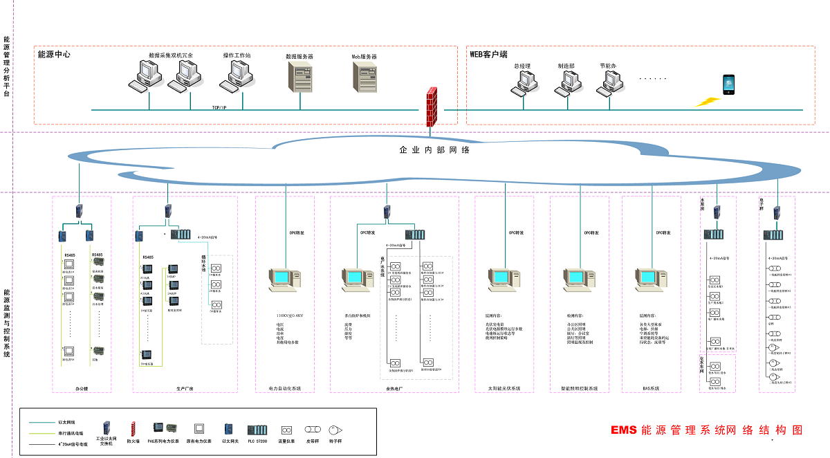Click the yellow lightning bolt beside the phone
tap(708, 102)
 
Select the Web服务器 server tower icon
tap(365, 77)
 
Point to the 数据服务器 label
tap(299, 56)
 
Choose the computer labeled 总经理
tap(522, 82)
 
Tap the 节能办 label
tap(608, 66)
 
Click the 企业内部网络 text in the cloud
tap(434, 149)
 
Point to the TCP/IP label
tap(221, 107)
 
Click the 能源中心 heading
tap(54, 54)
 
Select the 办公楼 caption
tap(82, 389)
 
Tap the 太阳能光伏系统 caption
tap(503, 389)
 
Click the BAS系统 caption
tap(649, 389)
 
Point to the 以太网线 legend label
tap(67, 422)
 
